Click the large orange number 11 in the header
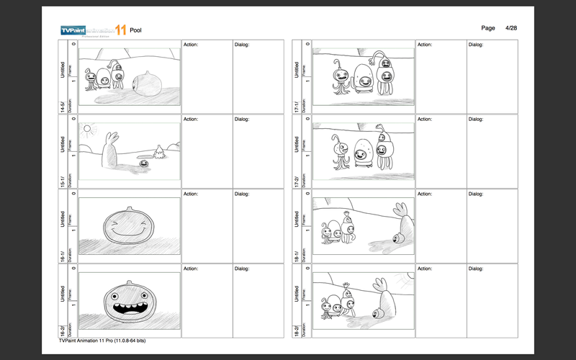[111, 30]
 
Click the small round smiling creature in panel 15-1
[145, 164]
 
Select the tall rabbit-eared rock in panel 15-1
[109, 152]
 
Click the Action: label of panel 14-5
[191, 44]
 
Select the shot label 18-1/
[297, 256]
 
